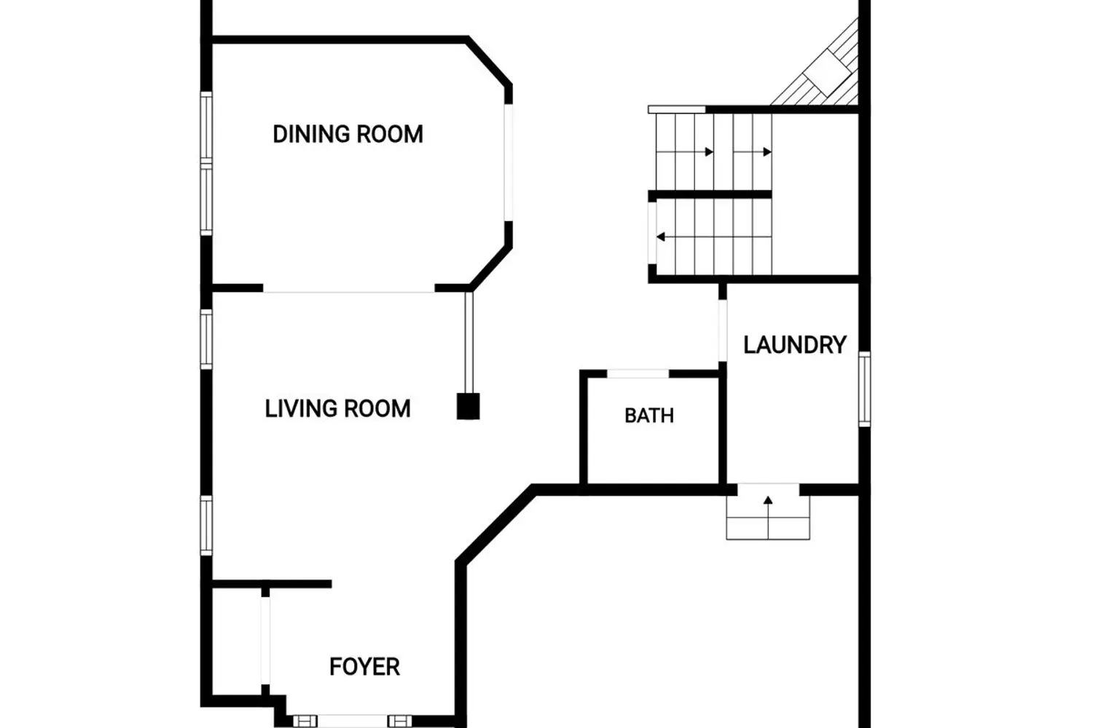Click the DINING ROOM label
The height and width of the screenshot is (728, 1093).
[348, 134]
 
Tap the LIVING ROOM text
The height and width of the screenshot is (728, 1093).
[337, 408]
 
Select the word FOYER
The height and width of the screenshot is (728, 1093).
[364, 667]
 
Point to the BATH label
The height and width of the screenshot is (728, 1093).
[649, 416]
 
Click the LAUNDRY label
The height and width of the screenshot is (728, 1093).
[795, 345]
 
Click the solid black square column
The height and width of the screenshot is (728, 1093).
[468, 406]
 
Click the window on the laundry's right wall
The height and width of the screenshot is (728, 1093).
[864, 389]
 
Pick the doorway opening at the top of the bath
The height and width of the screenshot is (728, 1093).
[638, 374]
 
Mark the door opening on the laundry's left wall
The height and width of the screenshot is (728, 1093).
[723, 331]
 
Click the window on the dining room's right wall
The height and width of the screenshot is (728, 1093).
[508, 162]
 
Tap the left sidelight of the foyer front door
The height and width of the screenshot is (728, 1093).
[305, 721]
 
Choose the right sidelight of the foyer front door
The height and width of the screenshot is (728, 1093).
[399, 721]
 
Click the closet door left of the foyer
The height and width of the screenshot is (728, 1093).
[265, 640]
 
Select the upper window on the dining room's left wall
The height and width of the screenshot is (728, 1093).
[206, 127]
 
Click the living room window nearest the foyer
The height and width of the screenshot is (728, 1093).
[206, 525]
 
